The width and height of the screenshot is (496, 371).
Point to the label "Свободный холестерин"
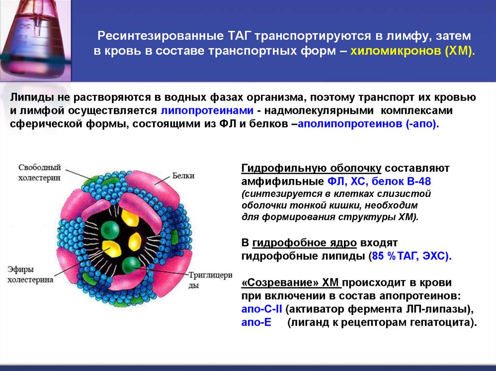[x=40, y=173]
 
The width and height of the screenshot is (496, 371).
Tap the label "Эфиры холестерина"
[x=30, y=274]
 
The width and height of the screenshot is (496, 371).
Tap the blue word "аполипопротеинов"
[x=351, y=124]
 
